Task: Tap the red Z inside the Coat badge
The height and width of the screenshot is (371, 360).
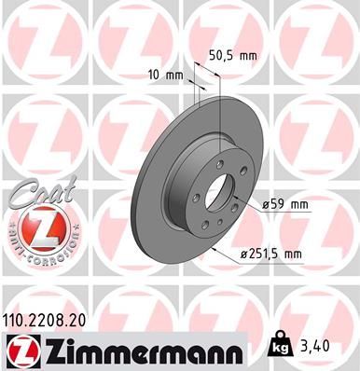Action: pos(40,228)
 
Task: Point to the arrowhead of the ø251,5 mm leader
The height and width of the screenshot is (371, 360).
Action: pos(214,250)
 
